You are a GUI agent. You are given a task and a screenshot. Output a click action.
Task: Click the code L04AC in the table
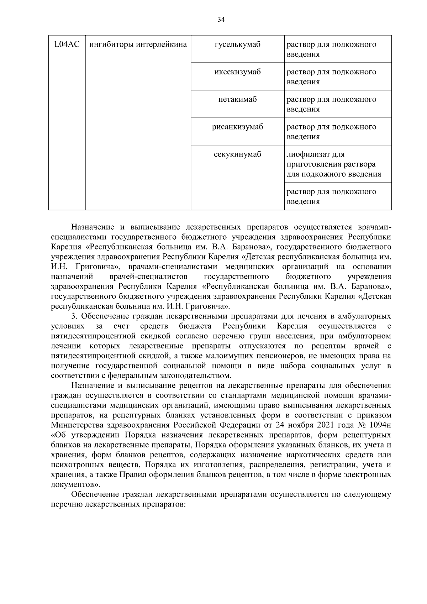[67, 44]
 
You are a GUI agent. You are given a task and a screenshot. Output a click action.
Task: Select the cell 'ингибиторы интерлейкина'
[138, 44]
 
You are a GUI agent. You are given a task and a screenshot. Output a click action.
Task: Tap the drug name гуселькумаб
[237, 44]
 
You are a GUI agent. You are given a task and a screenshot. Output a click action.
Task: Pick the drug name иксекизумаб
[237, 72]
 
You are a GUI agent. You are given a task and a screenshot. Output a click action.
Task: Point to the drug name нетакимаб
[237, 99]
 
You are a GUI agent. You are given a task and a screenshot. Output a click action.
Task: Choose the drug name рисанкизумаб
[237, 127]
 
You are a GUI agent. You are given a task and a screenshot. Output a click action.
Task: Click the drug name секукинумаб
[237, 154]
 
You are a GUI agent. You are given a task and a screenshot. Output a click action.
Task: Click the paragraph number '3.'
[74, 316]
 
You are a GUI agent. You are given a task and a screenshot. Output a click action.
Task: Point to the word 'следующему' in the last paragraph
[368, 494]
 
